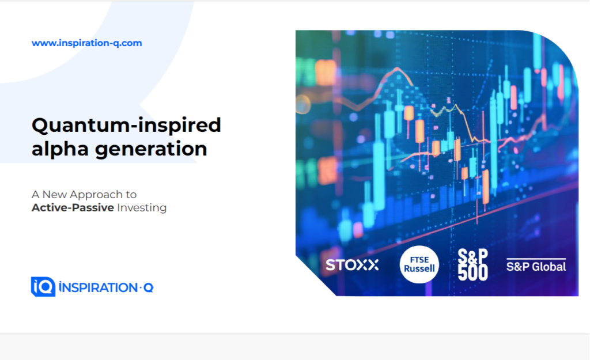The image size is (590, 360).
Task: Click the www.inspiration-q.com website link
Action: coord(87,43)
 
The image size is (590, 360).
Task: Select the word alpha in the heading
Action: coord(60,149)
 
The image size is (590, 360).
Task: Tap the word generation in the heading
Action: coord(151,149)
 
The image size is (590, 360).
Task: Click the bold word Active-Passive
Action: coord(73,208)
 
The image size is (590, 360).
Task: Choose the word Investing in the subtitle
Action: coord(142,208)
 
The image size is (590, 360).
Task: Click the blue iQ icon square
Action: coord(43,287)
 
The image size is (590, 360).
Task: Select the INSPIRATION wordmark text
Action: coord(98,288)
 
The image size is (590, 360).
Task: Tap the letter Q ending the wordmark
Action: coord(149,288)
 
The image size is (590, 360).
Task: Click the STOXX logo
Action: coord(352,265)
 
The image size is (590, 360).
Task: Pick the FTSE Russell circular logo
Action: coord(419,264)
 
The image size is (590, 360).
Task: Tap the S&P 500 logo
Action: coord(473,264)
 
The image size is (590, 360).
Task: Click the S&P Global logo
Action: coord(536,265)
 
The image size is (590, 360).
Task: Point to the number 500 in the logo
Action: coord(473,272)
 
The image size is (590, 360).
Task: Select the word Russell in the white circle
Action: coord(419,268)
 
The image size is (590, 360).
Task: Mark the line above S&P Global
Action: coord(536,259)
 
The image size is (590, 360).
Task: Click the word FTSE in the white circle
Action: coord(419,260)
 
